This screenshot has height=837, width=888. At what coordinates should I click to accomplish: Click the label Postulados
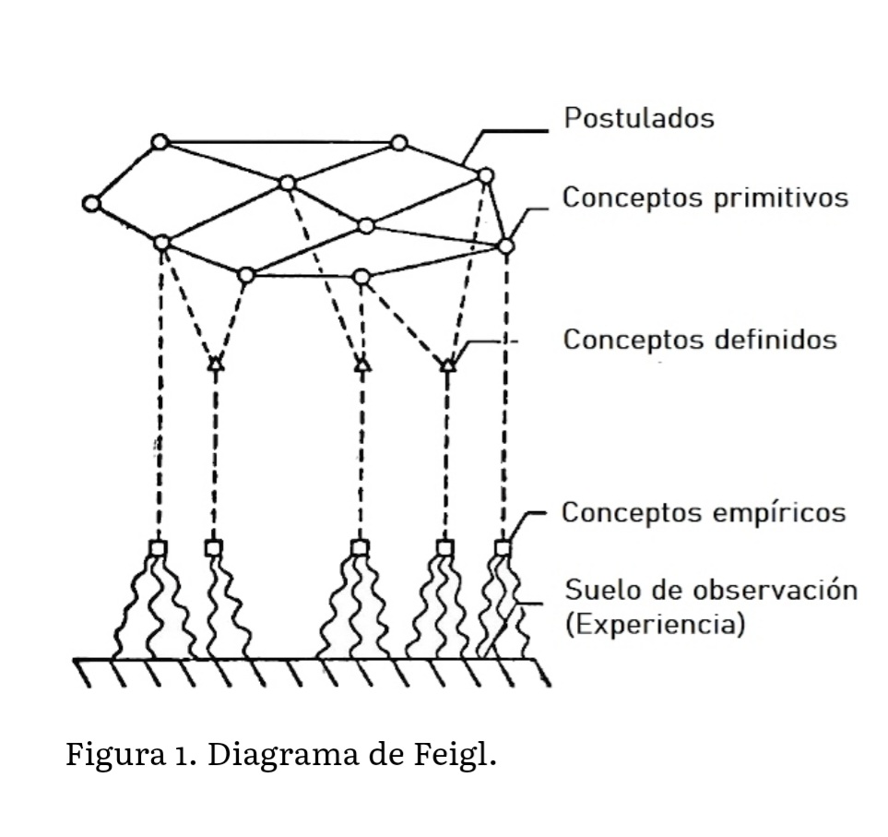(638, 119)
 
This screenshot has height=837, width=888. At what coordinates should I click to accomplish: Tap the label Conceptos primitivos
(705, 198)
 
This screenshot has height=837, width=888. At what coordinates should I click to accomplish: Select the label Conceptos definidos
(700, 340)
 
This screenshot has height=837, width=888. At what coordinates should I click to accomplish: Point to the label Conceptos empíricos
(704, 512)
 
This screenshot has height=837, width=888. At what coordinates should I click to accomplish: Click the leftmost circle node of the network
(90, 204)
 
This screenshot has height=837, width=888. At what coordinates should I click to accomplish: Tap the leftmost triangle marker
(215, 363)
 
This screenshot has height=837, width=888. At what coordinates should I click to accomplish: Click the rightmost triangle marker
(447, 365)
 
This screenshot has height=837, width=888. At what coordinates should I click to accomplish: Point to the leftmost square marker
(159, 548)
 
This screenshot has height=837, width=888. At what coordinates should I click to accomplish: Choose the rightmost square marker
(502, 548)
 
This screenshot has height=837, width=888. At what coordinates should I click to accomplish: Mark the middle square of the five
(360, 548)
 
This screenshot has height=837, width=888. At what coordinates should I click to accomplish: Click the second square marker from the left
(214, 548)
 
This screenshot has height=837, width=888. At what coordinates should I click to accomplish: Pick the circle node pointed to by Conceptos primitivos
(505, 245)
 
